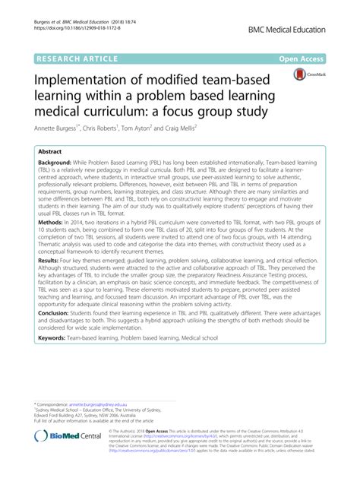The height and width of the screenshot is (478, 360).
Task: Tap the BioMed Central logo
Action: (x=56, y=454)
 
